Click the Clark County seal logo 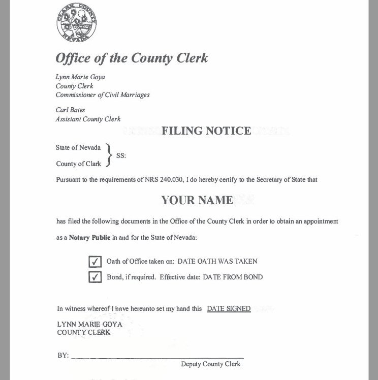76,22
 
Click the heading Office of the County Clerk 132,58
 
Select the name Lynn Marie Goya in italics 80,77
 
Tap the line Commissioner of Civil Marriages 103,95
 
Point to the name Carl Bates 70,110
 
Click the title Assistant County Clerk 88,119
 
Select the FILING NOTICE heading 206,131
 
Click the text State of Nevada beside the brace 78,148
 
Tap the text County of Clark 78,164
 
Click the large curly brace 108,155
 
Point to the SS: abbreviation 121,156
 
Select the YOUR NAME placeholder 197,201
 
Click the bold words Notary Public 89,237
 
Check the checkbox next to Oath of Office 95,262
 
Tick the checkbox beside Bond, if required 95,277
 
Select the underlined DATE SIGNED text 229,309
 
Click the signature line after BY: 157,358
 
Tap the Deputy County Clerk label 210,364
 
